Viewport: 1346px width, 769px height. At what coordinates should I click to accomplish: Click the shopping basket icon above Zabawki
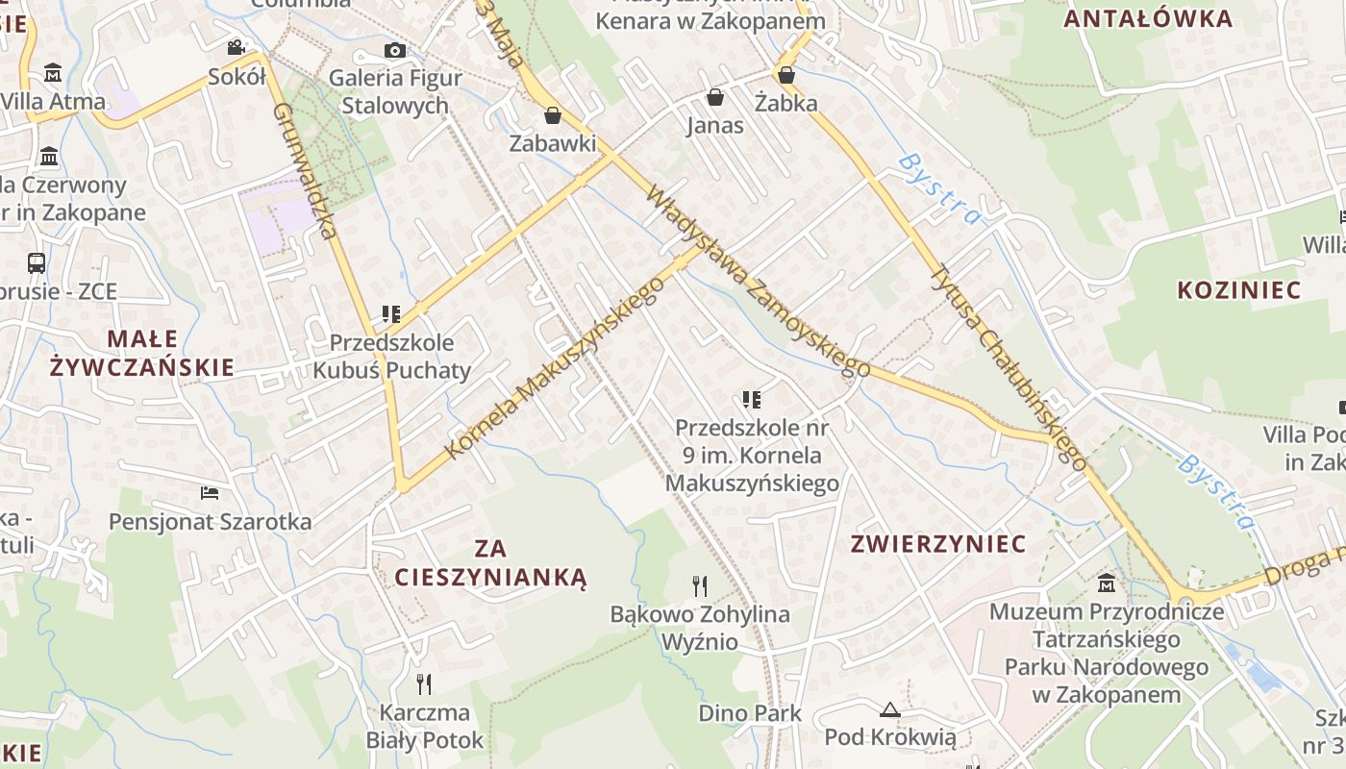552,116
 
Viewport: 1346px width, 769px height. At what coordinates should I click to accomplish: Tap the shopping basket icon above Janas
714,97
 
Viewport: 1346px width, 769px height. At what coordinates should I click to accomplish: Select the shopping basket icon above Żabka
785,75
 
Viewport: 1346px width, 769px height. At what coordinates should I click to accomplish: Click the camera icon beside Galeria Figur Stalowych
394,51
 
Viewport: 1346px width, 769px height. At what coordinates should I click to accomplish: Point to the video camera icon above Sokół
236,47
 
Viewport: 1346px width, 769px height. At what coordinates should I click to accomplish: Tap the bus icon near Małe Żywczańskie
37,262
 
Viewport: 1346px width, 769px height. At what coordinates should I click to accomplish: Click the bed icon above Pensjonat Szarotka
210,493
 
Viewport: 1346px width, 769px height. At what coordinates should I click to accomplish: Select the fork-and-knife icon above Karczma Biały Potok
423,683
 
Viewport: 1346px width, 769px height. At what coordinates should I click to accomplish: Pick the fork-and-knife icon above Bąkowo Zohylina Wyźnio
700,585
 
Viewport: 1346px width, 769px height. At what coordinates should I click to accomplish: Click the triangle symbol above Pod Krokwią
889,710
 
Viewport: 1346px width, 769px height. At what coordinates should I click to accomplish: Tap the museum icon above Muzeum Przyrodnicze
1106,583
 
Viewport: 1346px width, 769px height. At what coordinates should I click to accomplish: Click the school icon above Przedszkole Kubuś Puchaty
390,313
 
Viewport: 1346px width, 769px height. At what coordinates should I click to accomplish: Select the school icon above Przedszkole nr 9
751,399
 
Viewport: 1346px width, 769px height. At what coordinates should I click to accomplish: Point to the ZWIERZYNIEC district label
938,544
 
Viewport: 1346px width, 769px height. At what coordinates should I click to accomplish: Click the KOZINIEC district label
1238,290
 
